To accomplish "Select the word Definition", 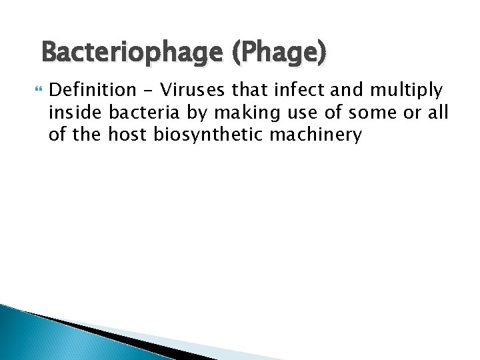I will click(91, 89).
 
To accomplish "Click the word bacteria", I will click(142, 113).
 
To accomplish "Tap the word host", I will click(127, 135).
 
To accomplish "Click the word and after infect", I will click(345, 89).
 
